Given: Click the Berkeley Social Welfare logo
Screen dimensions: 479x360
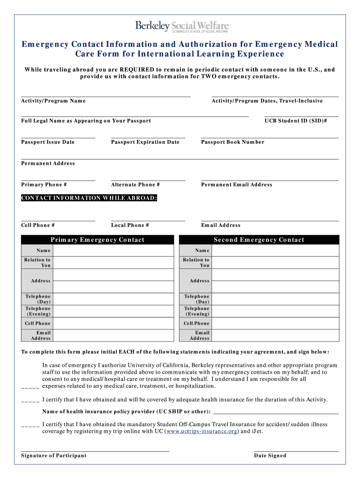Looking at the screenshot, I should coord(182,27).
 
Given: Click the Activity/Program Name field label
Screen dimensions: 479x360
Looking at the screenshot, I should coord(53,101).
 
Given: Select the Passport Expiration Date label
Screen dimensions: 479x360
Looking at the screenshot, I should coord(145,142).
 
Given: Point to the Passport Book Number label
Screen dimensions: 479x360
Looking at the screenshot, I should coord(232,142).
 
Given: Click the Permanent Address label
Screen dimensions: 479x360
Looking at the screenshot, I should coord(48,164).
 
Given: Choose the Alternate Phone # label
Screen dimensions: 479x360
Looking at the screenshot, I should coord(135,185).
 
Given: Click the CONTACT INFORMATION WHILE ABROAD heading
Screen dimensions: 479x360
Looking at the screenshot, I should coord(89,198).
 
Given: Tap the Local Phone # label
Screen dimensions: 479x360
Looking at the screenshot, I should coord(130,225).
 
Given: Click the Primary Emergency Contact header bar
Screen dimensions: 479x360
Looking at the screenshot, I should coord(97,240).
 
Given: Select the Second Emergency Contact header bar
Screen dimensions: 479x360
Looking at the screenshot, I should coord(259,240).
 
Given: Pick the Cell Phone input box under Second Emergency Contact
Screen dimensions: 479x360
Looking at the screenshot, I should coord(275,323).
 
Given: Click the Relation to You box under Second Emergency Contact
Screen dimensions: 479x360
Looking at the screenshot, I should coord(275,262).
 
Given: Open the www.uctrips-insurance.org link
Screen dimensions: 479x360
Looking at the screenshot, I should coord(202,431).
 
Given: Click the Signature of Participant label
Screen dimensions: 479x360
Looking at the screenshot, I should coord(54,456).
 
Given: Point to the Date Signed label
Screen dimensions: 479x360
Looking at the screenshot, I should coord(270,456).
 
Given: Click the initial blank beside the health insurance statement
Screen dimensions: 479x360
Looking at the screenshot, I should coord(30,400).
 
